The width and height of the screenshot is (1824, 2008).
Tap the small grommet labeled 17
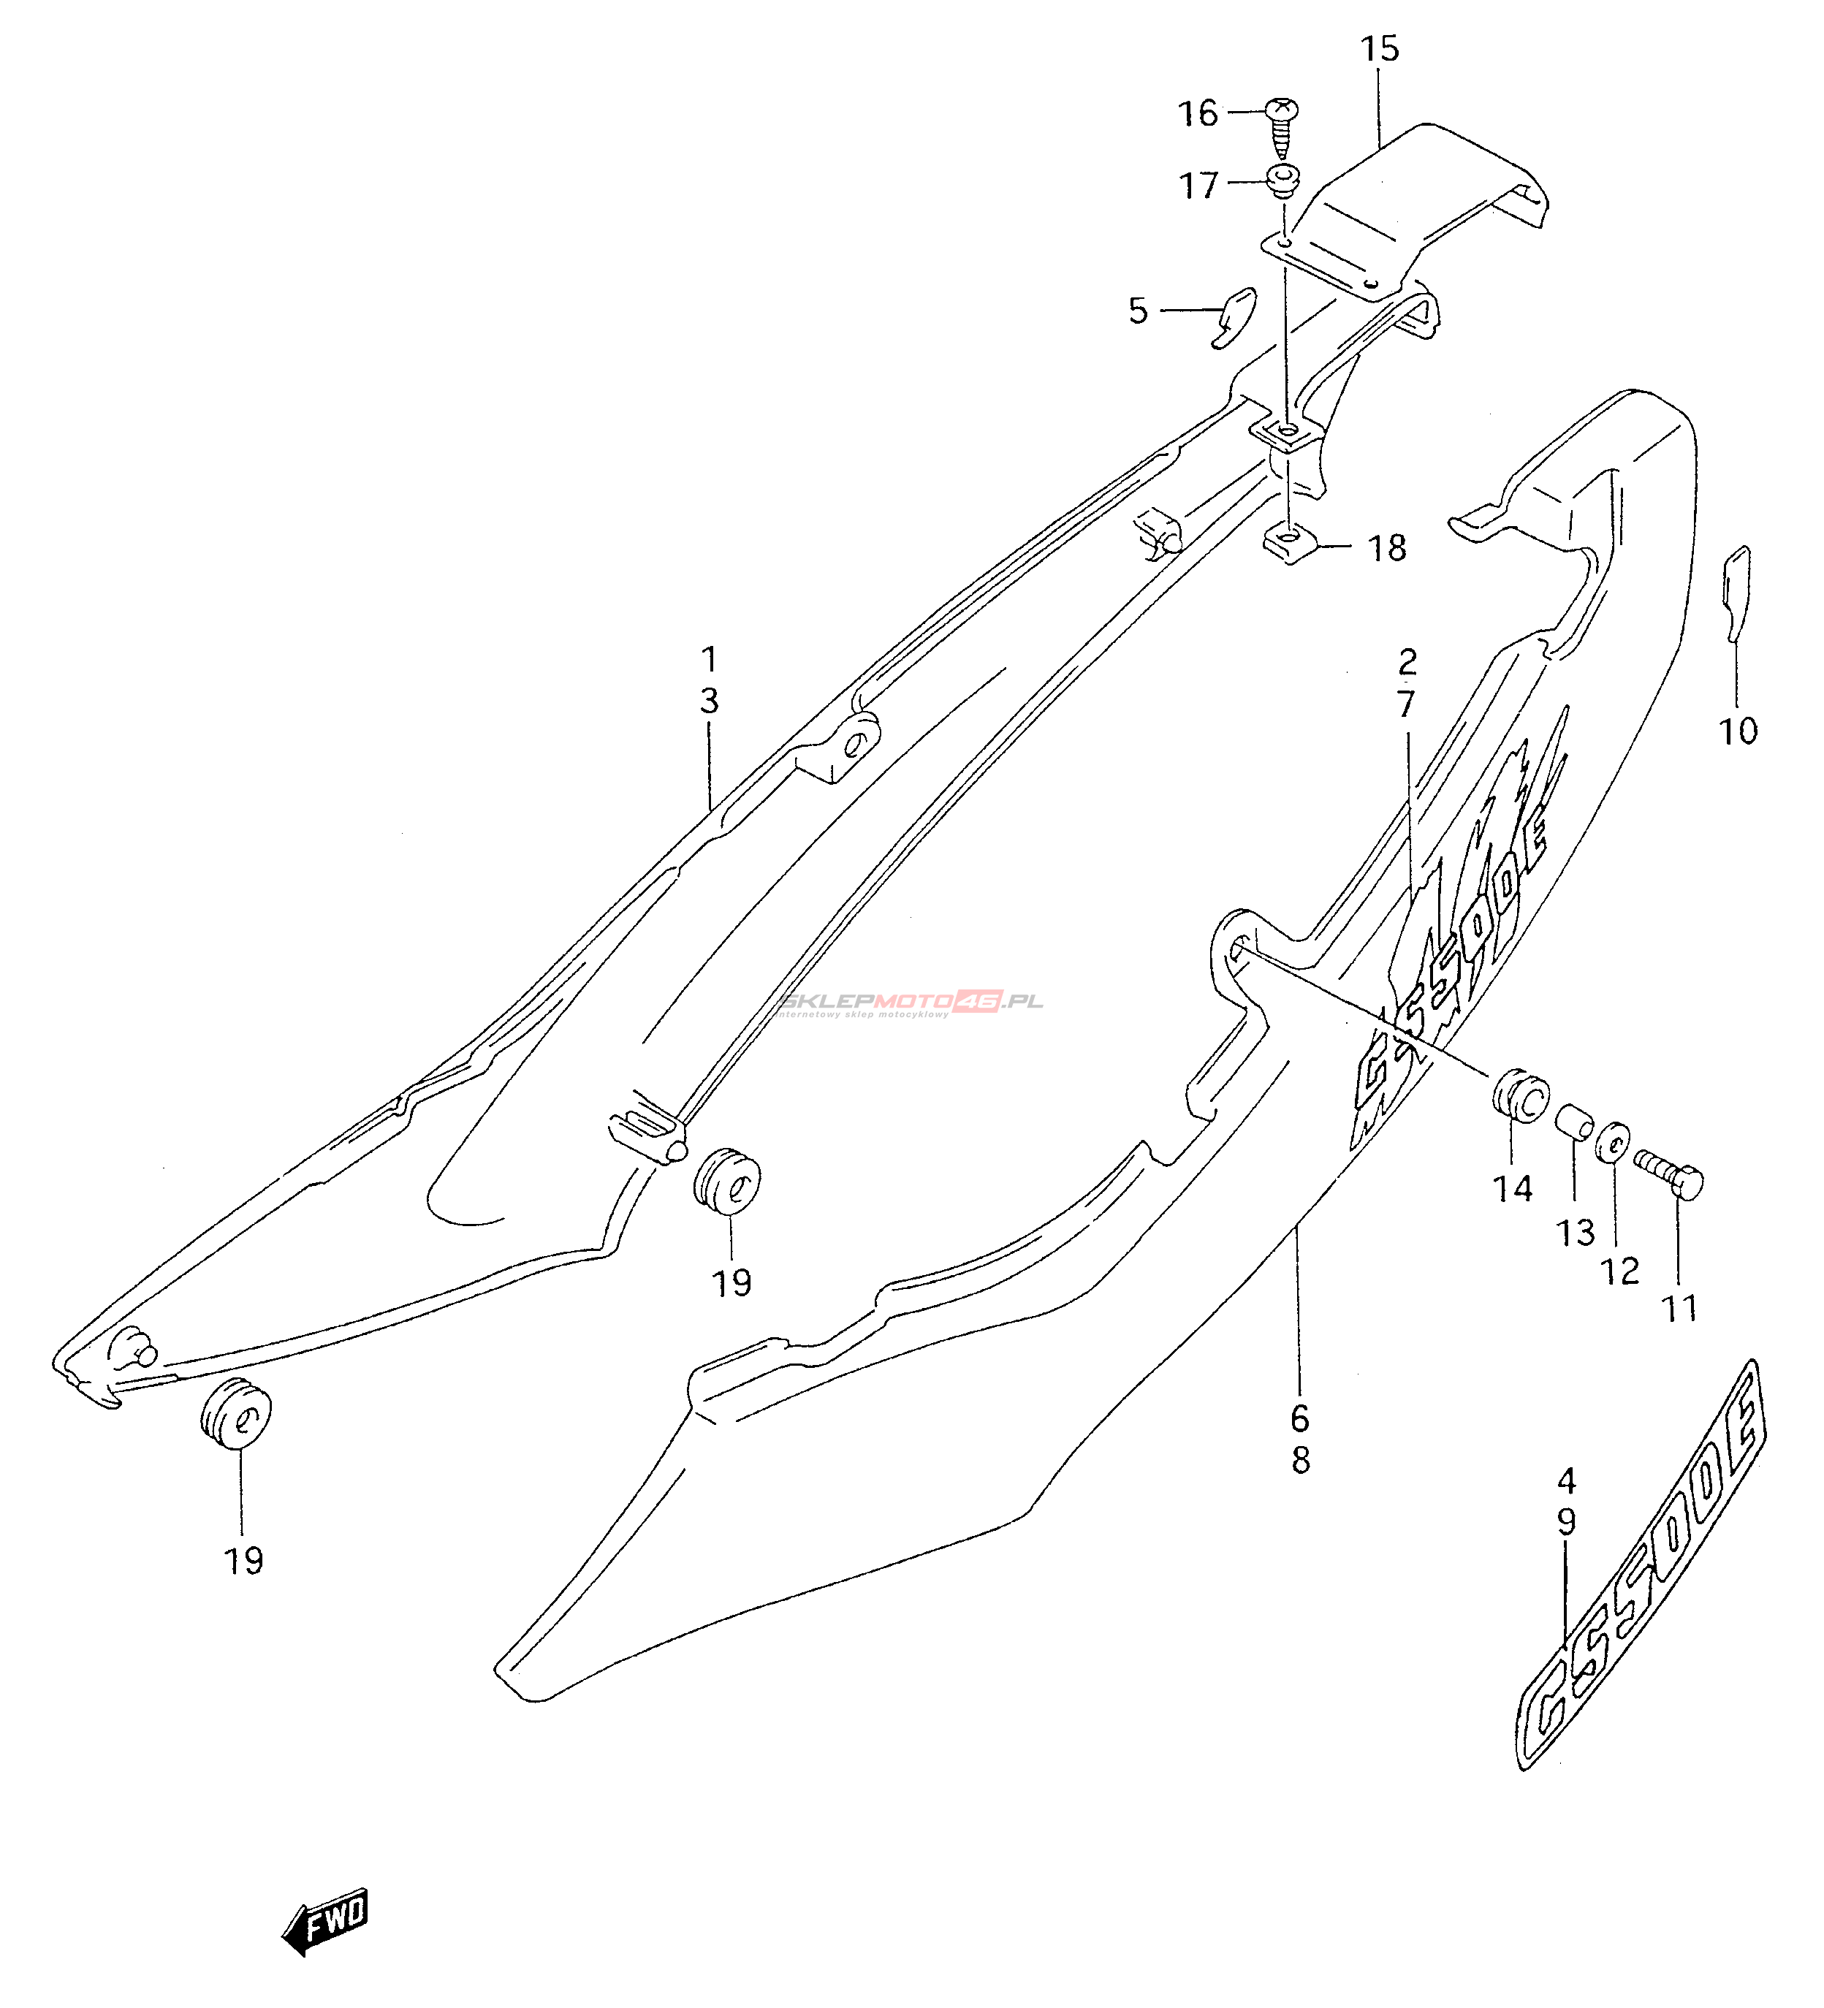(x=1283, y=181)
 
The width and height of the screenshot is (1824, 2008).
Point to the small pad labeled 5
(x=1234, y=316)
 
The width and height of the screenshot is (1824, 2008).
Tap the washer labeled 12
(x=1614, y=1142)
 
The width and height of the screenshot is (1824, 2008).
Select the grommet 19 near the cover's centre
(x=726, y=1183)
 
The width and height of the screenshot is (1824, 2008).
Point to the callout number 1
(x=710, y=658)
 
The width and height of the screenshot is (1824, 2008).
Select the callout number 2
(x=1407, y=661)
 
